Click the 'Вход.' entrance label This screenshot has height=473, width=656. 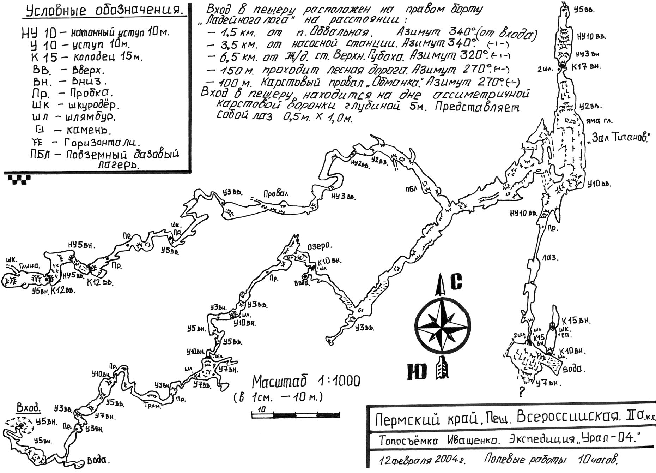pos(29,408)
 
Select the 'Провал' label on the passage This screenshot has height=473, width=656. pos(275,193)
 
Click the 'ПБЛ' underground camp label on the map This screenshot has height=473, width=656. pos(411,189)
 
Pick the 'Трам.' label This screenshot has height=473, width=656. pos(152,406)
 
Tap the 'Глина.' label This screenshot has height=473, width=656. pos(29,266)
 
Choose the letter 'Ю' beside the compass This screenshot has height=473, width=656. pos(417,372)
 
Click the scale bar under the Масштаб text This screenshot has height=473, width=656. pos(296,415)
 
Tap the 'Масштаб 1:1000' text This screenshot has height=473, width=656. pos(306,382)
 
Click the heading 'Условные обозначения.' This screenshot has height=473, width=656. pos(105,11)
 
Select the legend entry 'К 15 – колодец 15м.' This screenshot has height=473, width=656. pos(86,57)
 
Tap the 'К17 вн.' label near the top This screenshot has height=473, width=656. pos(586,66)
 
